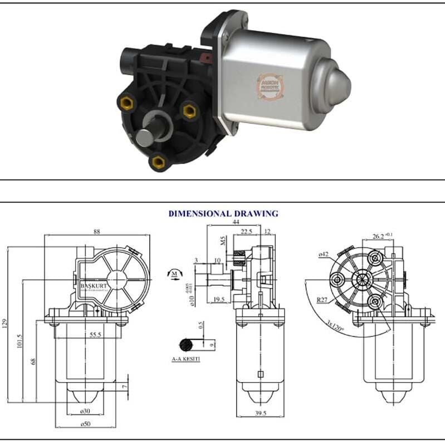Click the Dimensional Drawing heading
point(223,213)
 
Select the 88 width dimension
point(97,232)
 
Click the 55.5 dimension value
point(95,335)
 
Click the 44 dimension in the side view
point(228,222)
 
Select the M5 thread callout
point(222,241)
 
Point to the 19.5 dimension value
point(219,300)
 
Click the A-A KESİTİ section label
point(186,360)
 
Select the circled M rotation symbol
point(174,273)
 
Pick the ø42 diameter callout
point(322,255)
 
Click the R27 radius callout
point(322,300)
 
